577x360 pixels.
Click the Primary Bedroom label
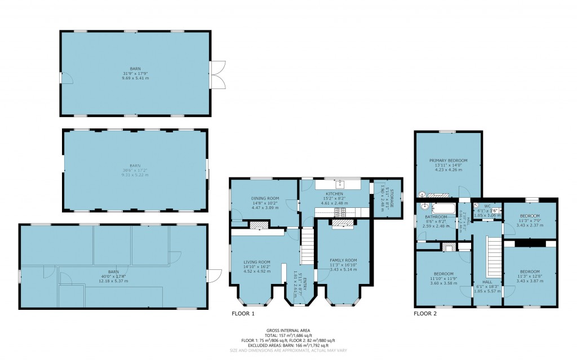(x=449, y=161)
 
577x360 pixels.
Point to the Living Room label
(x=257, y=262)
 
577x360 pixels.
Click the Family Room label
(x=344, y=260)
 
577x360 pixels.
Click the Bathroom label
(x=436, y=217)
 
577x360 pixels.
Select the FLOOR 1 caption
(x=243, y=313)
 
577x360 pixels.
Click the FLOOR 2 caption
(x=425, y=313)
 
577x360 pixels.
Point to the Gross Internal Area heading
(x=288, y=330)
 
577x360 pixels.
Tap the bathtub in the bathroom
(x=443, y=208)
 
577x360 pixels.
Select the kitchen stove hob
(x=340, y=212)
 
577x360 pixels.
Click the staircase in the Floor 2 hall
(x=494, y=257)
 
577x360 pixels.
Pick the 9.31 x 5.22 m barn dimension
(x=135, y=175)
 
